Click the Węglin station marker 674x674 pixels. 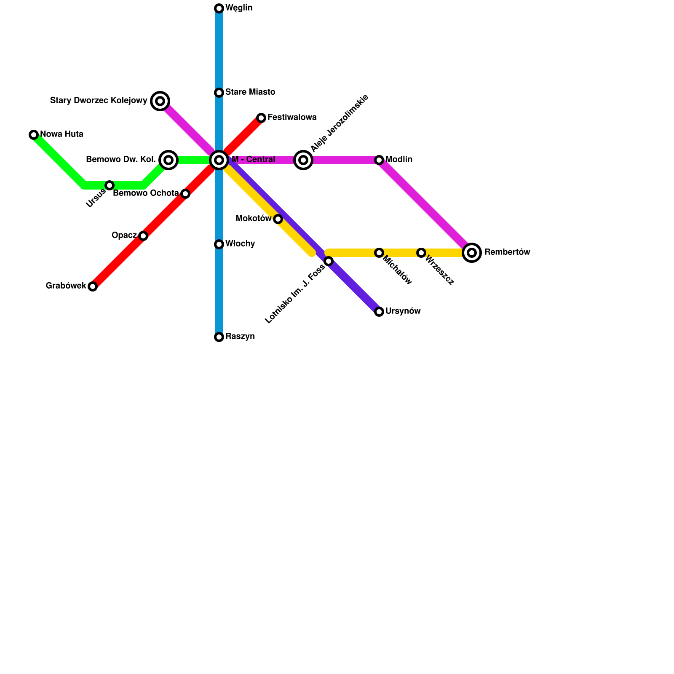tap(219, 8)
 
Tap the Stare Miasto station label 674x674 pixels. tap(250, 92)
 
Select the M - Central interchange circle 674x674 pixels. tap(219, 160)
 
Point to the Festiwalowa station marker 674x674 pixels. tap(261, 118)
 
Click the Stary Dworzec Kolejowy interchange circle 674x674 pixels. tap(160, 101)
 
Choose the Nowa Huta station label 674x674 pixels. tap(62, 134)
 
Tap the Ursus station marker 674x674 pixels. tap(110, 185)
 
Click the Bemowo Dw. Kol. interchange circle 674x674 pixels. tap(168, 160)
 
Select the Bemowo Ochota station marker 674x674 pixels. tap(185, 194)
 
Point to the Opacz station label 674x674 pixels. tap(124, 235)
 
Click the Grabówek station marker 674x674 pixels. tap(93, 286)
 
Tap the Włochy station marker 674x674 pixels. tap(219, 244)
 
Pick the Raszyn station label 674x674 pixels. tap(240, 337)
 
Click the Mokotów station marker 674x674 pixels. tap(278, 219)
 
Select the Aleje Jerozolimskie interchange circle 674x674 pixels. tap(303, 160)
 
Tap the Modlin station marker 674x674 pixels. tap(379, 160)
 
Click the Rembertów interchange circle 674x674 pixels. tap(472, 253)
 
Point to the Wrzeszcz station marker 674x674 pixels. tap(421, 253)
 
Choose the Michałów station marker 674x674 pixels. tap(379, 253)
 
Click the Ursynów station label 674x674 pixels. tap(403, 311)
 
